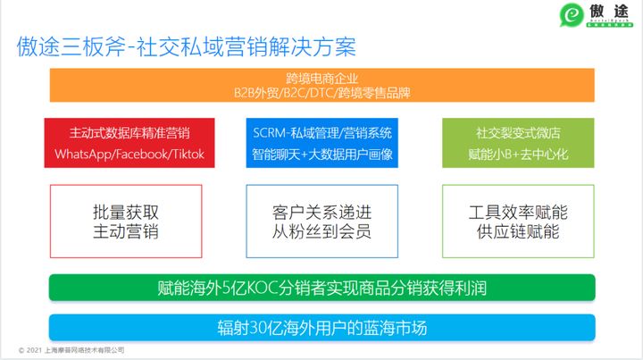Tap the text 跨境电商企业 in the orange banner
point(322,78)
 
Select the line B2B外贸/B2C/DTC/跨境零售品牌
point(322,92)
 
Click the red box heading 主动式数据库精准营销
point(130,132)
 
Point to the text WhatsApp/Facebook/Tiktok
point(130,154)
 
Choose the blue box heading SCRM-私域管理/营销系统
point(322,132)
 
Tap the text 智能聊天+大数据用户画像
point(322,154)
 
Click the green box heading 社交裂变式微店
point(518,132)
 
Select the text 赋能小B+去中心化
point(518,154)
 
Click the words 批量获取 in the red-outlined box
point(126,213)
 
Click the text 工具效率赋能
point(518,213)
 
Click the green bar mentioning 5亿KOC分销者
point(322,288)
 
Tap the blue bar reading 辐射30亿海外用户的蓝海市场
point(322,326)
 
